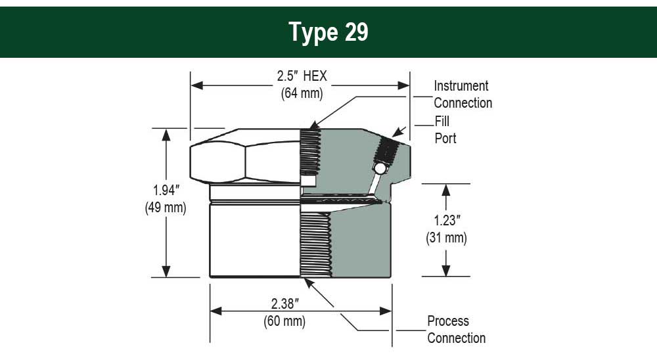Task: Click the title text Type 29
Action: [x=328, y=32]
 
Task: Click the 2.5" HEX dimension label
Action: [x=302, y=76]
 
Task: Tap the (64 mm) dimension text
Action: [x=302, y=93]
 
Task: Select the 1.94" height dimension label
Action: [x=166, y=191]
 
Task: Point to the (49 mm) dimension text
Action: [x=166, y=208]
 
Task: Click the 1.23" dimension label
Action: [x=447, y=221]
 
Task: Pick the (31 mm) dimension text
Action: [x=446, y=238]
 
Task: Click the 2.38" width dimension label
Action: [x=285, y=304]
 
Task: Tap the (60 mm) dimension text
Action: [x=284, y=321]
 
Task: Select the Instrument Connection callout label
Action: [x=463, y=95]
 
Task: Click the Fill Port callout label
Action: [x=445, y=130]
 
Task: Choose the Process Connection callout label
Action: [x=457, y=329]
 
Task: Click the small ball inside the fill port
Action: [x=380, y=168]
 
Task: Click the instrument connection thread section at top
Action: [x=311, y=152]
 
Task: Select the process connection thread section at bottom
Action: [x=315, y=244]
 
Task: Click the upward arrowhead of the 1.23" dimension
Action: [x=446, y=191]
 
